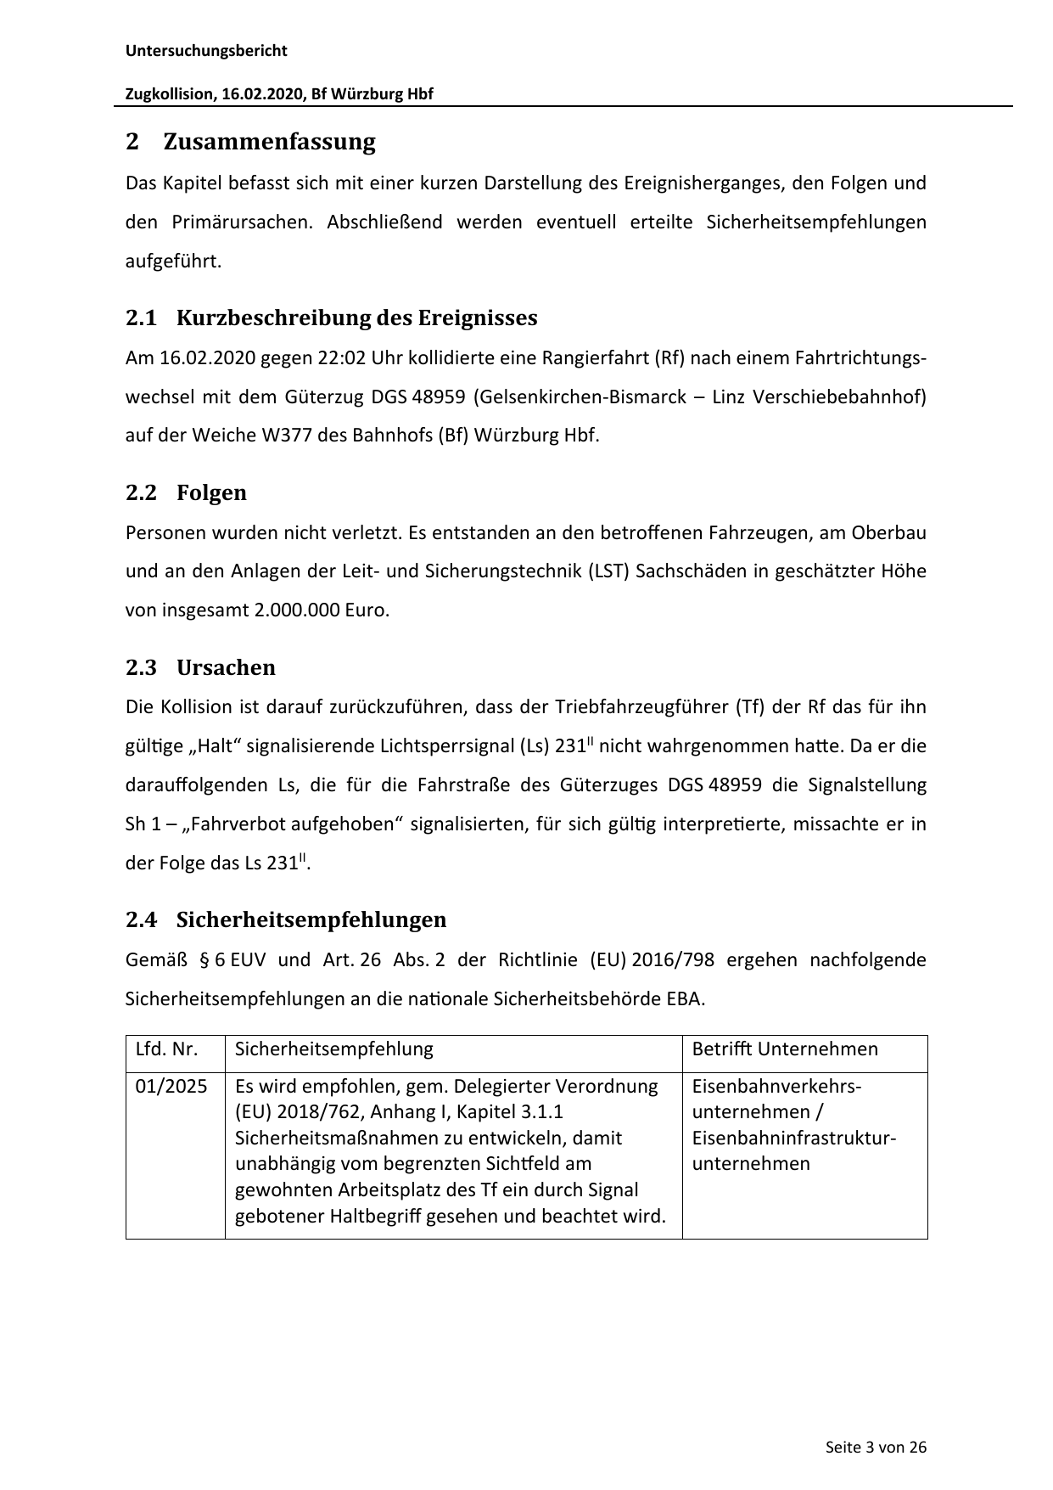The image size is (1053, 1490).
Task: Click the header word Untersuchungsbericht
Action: click(x=206, y=51)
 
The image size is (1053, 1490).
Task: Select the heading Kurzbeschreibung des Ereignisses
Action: click(x=356, y=318)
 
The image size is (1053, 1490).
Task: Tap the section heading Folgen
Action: click(x=211, y=493)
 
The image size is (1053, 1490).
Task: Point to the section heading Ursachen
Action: click(x=226, y=668)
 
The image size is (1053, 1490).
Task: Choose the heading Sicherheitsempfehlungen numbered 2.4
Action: click(x=311, y=920)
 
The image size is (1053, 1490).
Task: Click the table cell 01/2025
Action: click(x=171, y=1087)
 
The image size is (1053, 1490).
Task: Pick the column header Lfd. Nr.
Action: click(x=167, y=1049)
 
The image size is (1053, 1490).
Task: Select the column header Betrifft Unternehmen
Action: click(x=785, y=1049)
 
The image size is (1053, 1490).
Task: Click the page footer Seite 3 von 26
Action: click(x=876, y=1448)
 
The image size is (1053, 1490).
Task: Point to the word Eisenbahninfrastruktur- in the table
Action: click(x=794, y=1138)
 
